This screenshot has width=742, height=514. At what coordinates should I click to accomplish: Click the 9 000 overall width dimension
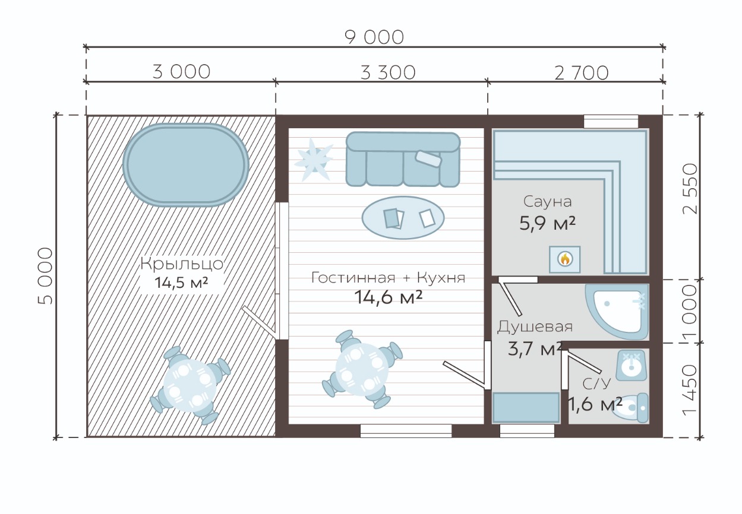pyautogui.click(x=374, y=37)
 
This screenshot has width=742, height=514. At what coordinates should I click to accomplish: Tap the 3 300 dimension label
pyautogui.click(x=388, y=72)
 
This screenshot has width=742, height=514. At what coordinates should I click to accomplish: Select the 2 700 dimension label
pyautogui.click(x=582, y=73)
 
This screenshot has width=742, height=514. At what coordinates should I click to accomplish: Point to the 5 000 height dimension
pyautogui.click(x=45, y=276)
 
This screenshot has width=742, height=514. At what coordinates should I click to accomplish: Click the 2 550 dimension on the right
pyautogui.click(x=690, y=189)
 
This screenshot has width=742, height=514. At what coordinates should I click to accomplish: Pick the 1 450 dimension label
pyautogui.click(x=690, y=389)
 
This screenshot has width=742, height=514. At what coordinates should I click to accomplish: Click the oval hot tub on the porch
pyautogui.click(x=186, y=165)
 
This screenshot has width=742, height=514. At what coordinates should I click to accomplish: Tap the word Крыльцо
pyautogui.click(x=182, y=264)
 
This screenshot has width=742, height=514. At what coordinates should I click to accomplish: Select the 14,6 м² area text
pyautogui.click(x=388, y=297)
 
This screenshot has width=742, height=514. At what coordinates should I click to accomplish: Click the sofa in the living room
pyautogui.click(x=403, y=159)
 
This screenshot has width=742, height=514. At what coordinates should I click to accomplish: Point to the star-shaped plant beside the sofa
pyautogui.click(x=314, y=160)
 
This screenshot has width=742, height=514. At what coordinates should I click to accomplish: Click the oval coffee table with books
pyautogui.click(x=403, y=218)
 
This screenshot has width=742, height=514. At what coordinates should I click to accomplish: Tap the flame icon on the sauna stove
pyautogui.click(x=565, y=259)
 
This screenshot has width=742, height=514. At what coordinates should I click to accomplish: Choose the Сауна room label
pyautogui.click(x=548, y=201)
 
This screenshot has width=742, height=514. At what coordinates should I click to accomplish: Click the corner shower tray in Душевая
pyautogui.click(x=617, y=312)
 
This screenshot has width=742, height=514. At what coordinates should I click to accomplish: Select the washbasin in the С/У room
pyautogui.click(x=631, y=366)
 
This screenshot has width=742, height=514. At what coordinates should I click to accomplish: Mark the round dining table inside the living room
pyautogui.click(x=362, y=369)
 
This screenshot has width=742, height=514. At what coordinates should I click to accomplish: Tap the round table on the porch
pyautogui.click(x=190, y=386)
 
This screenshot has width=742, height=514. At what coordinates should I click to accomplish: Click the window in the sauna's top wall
pyautogui.click(x=611, y=122)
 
